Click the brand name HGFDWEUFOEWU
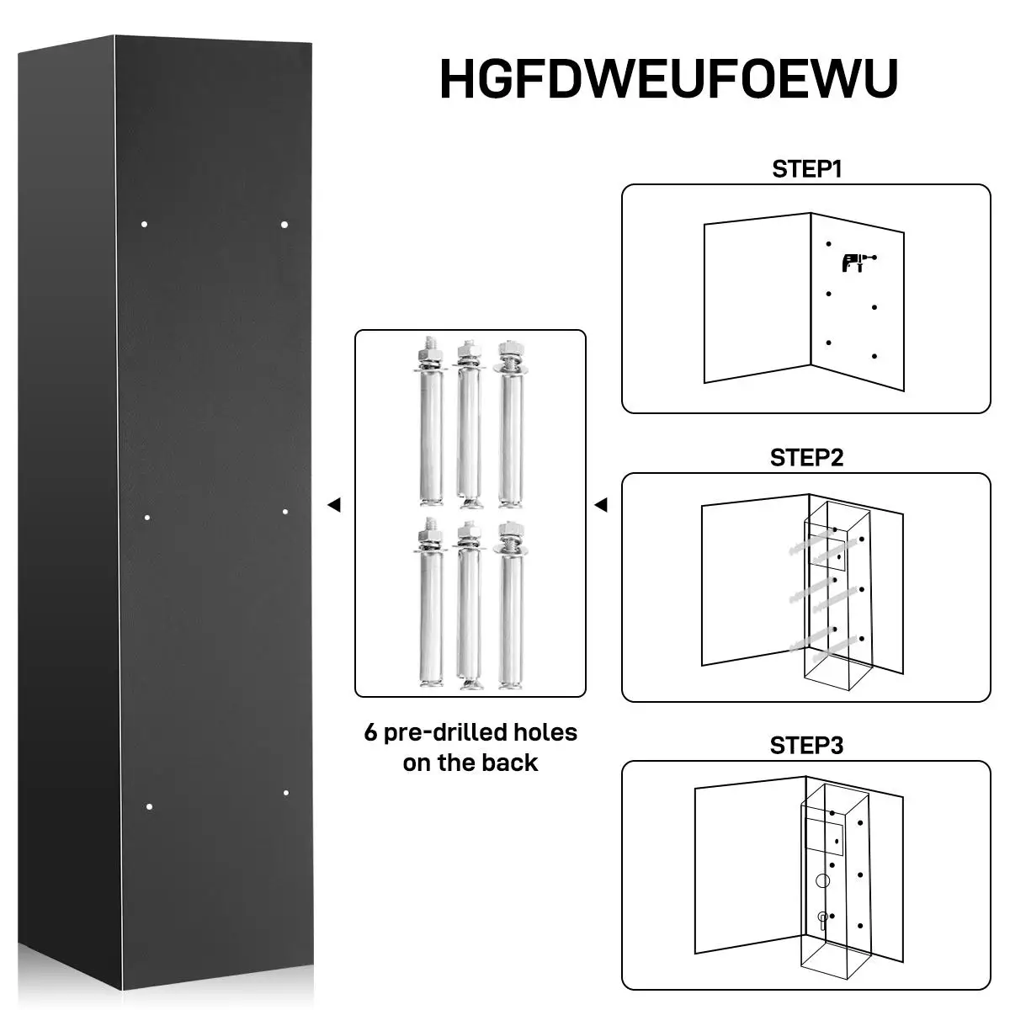click(x=668, y=78)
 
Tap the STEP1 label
click(x=806, y=168)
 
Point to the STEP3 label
click(x=806, y=746)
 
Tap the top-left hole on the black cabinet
click(x=145, y=224)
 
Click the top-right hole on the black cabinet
click(x=284, y=225)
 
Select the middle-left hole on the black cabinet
click(x=147, y=517)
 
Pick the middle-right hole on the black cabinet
click(x=285, y=512)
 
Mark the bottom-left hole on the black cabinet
click(x=149, y=807)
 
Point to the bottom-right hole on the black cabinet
click(x=286, y=793)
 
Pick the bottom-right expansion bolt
click(x=509, y=606)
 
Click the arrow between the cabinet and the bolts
click(x=333, y=505)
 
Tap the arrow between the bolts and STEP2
click(x=600, y=505)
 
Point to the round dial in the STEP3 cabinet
click(x=822, y=880)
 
